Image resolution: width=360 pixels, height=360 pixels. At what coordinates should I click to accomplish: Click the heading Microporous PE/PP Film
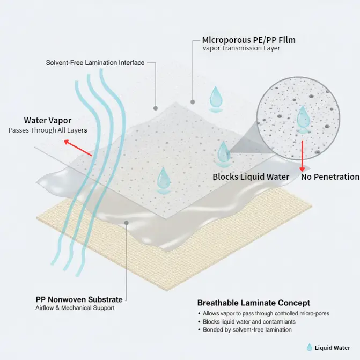(248, 40)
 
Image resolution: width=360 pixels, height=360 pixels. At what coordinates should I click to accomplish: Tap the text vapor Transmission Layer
(241, 49)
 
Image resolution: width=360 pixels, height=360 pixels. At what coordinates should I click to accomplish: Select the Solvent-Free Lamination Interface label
(95, 63)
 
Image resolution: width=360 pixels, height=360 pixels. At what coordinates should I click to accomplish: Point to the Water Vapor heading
(47, 120)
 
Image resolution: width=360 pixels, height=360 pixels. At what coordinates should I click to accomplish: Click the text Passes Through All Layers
(47, 130)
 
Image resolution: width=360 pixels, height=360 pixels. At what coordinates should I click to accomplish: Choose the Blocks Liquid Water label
(251, 177)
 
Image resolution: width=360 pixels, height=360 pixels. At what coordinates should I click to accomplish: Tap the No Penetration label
(329, 177)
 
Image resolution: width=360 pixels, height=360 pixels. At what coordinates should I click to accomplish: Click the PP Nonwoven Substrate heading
(79, 299)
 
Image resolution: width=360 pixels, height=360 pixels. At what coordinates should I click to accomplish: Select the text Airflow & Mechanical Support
(75, 308)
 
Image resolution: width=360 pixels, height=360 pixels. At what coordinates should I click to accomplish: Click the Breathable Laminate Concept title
(253, 303)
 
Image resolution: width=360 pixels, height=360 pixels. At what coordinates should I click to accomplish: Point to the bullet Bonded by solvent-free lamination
(247, 329)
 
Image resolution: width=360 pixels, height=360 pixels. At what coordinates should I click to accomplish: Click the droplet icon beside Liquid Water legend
(309, 348)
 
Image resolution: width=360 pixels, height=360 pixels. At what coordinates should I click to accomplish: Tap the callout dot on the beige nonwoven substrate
(127, 222)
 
